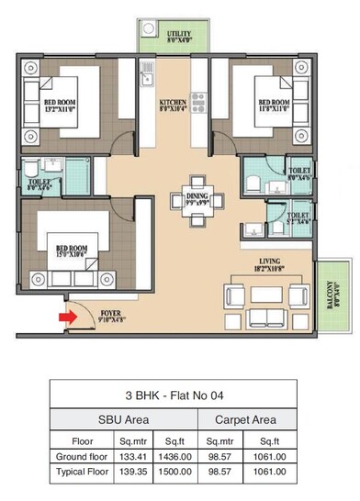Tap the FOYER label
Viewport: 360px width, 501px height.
[x=113, y=317]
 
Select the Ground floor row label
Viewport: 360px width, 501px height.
[x=77, y=456]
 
